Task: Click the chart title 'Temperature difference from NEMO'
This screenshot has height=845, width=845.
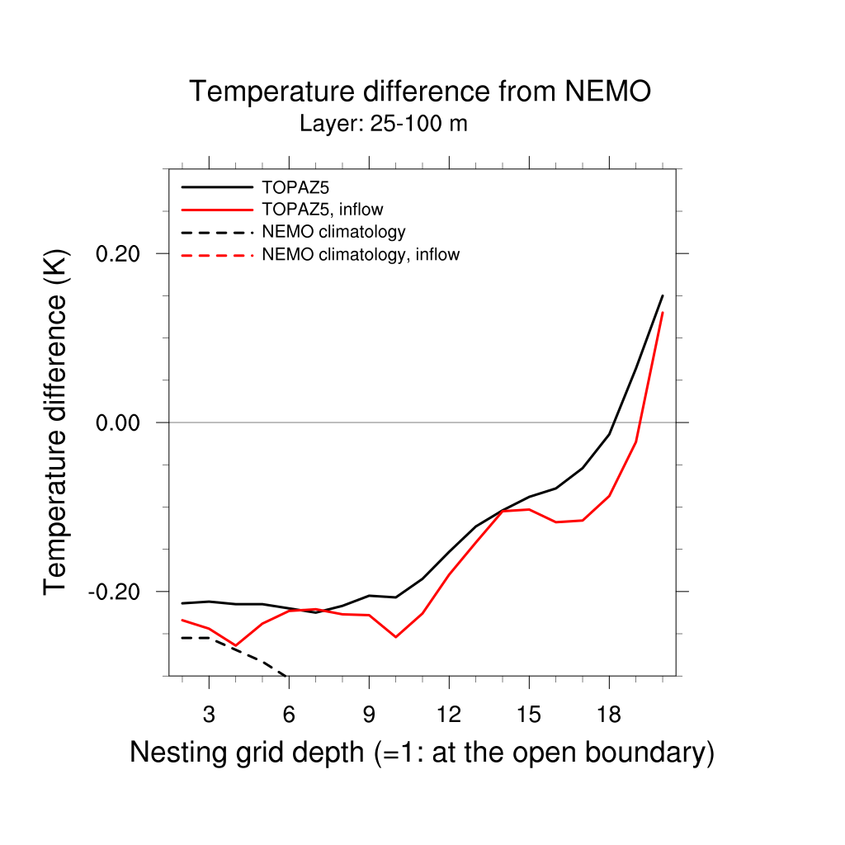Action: coord(420,92)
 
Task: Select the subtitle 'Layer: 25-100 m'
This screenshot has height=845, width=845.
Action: coord(384,125)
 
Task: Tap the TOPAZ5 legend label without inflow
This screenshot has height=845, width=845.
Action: coord(289,187)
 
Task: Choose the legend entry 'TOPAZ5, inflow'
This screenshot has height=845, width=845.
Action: coord(322,210)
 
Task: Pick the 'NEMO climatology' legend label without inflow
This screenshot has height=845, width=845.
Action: coord(333,232)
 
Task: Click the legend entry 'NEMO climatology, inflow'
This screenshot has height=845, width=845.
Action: coord(360,254)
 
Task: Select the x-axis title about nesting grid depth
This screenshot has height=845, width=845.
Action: coord(422,753)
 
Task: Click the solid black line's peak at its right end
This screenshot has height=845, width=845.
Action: coord(663,295)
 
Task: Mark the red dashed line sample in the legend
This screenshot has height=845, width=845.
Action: coord(217,255)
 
